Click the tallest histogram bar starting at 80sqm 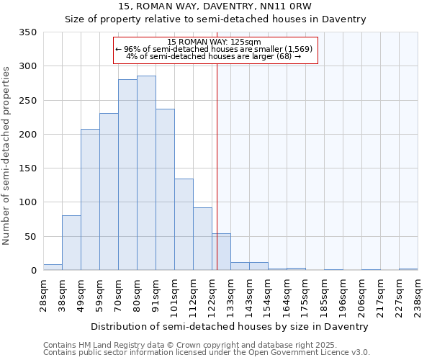tap(146, 173)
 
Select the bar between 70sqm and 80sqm tap(127, 175)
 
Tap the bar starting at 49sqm tap(90, 199)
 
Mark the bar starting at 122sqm tap(221, 252)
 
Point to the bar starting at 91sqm tap(165, 189)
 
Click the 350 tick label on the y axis tap(28, 32)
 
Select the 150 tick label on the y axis tap(28, 168)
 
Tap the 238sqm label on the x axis tap(418, 294)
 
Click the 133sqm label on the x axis tap(230, 294)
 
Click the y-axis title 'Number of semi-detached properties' tap(7, 155)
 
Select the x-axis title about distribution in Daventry tap(230, 326)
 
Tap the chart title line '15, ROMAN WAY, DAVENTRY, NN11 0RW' tap(215, 6)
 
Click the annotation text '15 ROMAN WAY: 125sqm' tap(214, 42)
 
